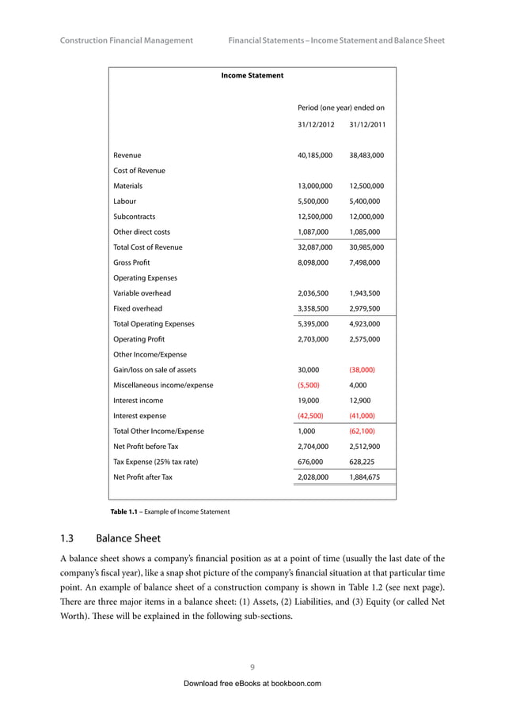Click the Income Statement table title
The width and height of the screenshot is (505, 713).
[x=252, y=76]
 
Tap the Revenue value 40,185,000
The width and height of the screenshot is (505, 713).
[x=314, y=156]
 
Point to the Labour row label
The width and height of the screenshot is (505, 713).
[x=124, y=202]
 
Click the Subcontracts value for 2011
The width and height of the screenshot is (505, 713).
[x=366, y=217]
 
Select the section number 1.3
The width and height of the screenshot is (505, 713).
[x=67, y=539]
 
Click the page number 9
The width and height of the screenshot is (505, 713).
[x=252, y=666]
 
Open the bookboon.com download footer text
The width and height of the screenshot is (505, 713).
[x=252, y=683]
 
